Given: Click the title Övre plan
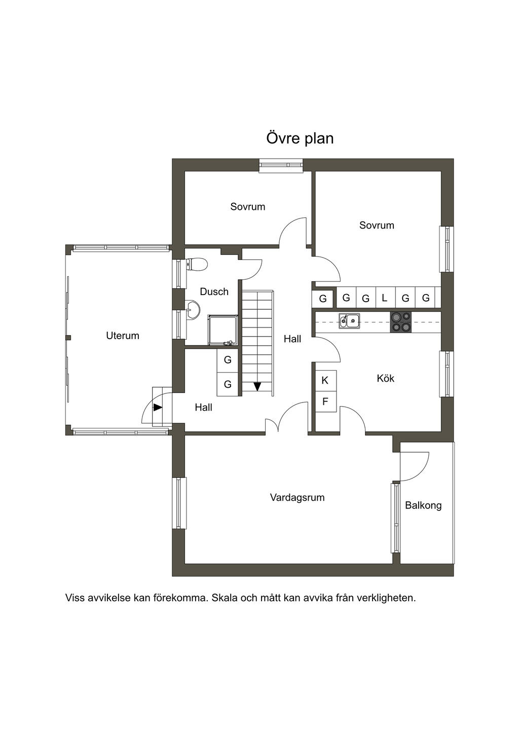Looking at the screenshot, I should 300,138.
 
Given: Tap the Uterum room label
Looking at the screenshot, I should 122,336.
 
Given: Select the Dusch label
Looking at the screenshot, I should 214,291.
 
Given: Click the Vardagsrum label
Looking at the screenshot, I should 297,497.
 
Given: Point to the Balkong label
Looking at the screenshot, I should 423,505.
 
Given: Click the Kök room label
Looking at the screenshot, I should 385,378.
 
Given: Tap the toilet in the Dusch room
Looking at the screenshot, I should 197,264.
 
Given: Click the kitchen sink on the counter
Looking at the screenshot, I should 350,321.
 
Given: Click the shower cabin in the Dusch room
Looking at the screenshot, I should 223,330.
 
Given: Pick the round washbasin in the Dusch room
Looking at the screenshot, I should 193,310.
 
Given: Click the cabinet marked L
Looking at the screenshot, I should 385,298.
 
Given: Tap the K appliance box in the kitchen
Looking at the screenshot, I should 325,380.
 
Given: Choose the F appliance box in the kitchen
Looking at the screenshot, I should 325,402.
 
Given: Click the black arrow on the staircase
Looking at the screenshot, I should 257,386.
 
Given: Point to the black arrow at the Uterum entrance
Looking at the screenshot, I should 158,407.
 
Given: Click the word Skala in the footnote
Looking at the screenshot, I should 225,598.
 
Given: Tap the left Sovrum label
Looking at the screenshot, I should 247,206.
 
